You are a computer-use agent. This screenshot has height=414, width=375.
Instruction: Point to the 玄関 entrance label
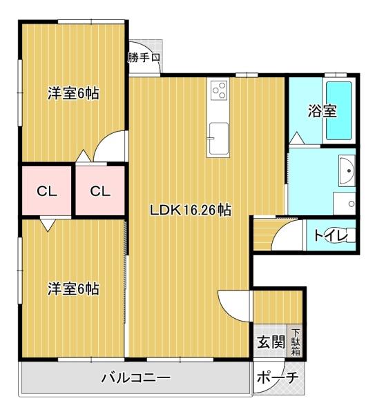click(x=271, y=342)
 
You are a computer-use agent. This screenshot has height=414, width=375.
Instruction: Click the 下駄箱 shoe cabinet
click(x=295, y=341)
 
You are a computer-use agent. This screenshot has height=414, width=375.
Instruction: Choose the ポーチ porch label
click(x=278, y=378)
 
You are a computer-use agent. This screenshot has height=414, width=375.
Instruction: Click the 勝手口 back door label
click(x=144, y=58)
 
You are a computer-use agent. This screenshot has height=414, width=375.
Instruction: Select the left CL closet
click(x=47, y=191)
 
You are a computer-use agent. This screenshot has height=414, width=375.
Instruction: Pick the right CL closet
click(x=99, y=191)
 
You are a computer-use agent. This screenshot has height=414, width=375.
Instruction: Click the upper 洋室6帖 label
click(x=73, y=94)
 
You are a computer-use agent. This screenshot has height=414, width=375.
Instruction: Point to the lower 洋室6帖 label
click(x=73, y=288)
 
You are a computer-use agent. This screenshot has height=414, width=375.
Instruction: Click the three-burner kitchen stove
click(x=220, y=90)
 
